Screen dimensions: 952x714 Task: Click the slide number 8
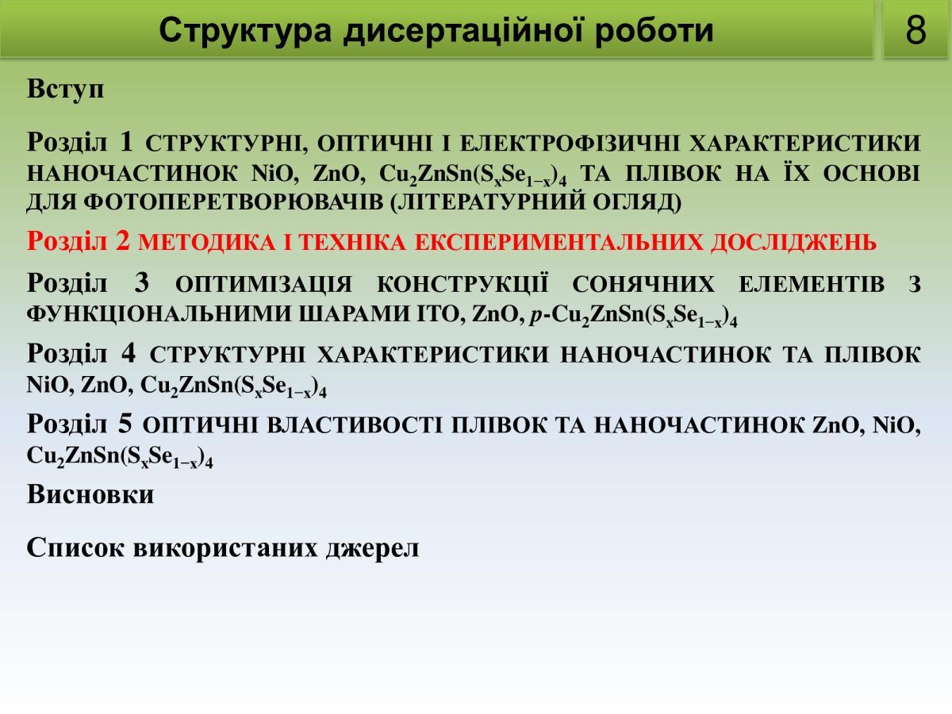pyautogui.click(x=916, y=30)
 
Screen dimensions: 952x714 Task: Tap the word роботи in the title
pyautogui.click(x=654, y=31)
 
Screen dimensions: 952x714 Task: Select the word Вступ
pyautogui.click(x=66, y=90)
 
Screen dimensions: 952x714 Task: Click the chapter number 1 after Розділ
pyautogui.click(x=126, y=141)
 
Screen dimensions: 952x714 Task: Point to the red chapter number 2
pyautogui.click(x=123, y=240)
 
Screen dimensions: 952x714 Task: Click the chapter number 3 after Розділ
pyautogui.click(x=141, y=282)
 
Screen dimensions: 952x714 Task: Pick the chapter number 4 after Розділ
pyautogui.click(x=129, y=353)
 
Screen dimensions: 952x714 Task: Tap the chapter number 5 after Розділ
pyautogui.click(x=125, y=424)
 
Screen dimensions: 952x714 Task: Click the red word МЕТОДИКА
pyautogui.click(x=206, y=243)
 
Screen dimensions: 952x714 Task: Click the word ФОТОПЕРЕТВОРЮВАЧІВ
pyautogui.click(x=233, y=202)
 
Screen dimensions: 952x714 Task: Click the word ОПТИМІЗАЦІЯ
pyautogui.click(x=263, y=285)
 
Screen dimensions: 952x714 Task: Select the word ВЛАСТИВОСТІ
pyautogui.click(x=355, y=425)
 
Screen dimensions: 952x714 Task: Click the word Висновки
pyautogui.click(x=90, y=493)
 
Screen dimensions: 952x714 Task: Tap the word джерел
pyautogui.click(x=373, y=549)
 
